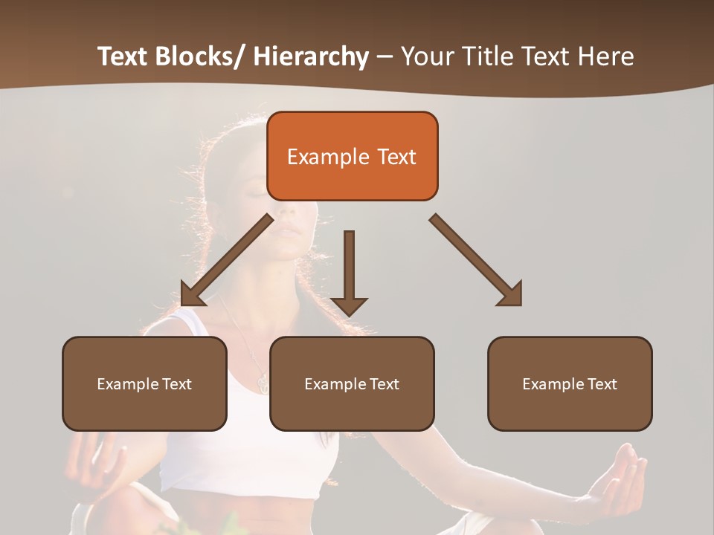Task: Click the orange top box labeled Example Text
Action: click(x=352, y=156)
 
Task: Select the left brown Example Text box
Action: click(x=144, y=383)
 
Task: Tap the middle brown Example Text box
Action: click(x=352, y=383)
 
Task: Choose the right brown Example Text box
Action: click(x=570, y=383)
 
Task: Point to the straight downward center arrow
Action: click(x=349, y=271)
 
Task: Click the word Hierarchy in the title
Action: click(x=311, y=56)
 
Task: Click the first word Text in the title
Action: click(x=123, y=56)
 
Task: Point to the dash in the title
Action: click(x=385, y=58)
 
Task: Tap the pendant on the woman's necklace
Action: click(x=263, y=383)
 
